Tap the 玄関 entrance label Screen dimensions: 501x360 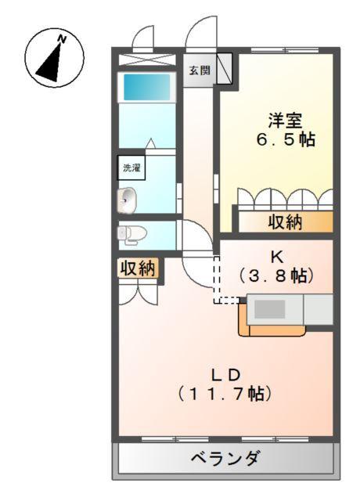click(x=199, y=70)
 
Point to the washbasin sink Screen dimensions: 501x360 click(x=128, y=200)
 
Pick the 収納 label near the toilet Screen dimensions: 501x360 click(x=138, y=269)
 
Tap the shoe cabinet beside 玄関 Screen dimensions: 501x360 click(x=224, y=68)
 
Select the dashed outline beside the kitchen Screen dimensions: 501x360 click(x=226, y=282)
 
